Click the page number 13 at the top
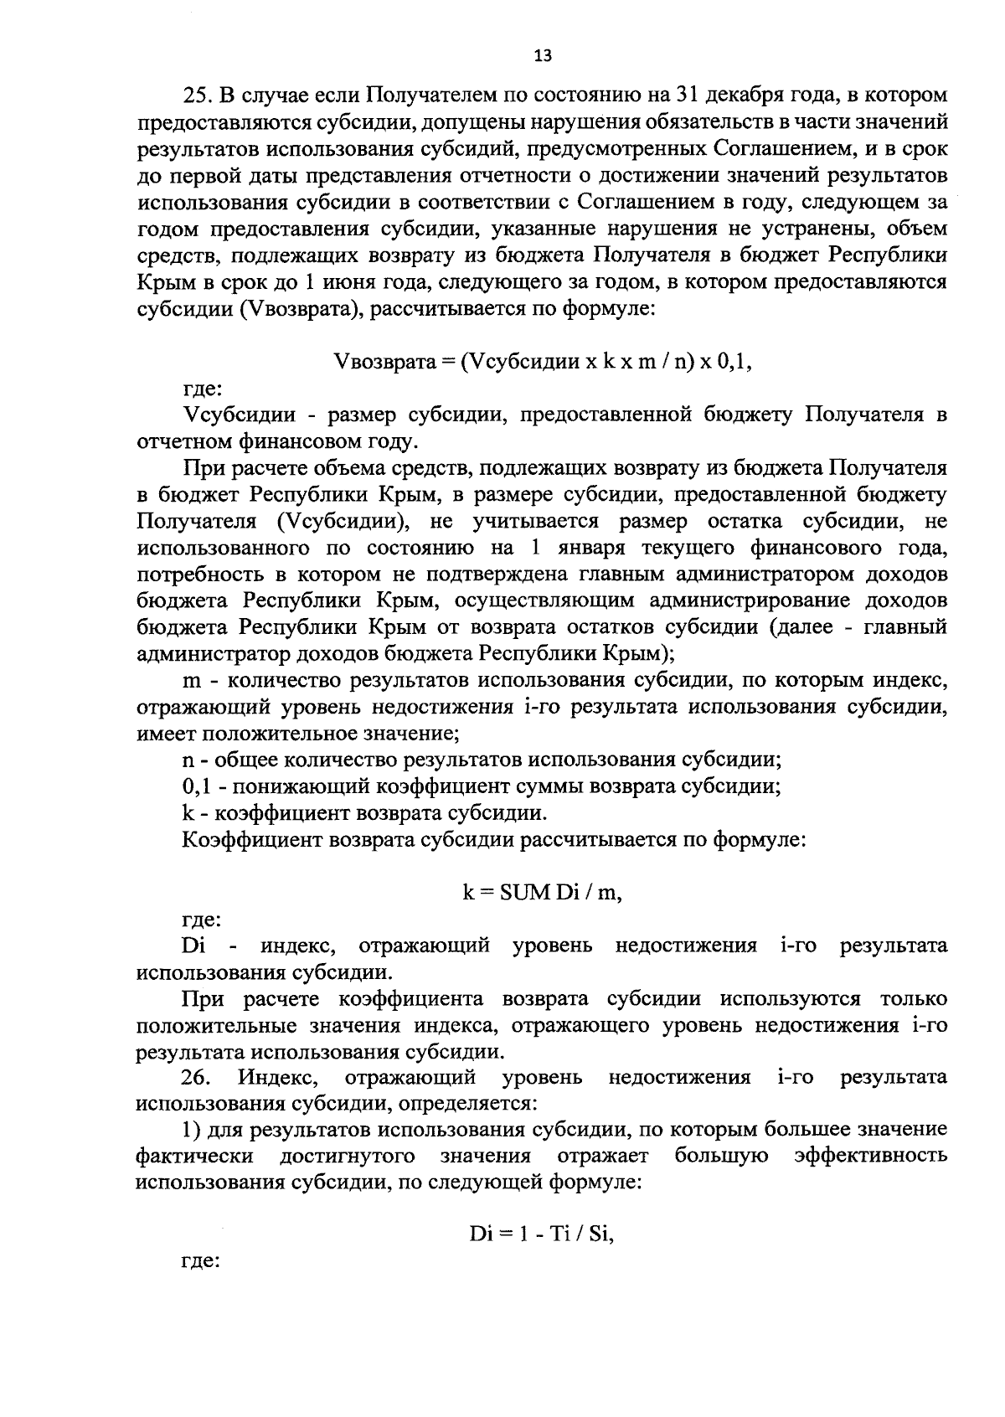point(543,57)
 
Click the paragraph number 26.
point(196,1077)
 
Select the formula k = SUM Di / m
point(543,893)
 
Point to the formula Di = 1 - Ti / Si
point(542,1234)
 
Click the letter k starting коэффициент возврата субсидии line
point(188,813)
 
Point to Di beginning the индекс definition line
point(193,946)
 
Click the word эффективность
point(871,1156)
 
